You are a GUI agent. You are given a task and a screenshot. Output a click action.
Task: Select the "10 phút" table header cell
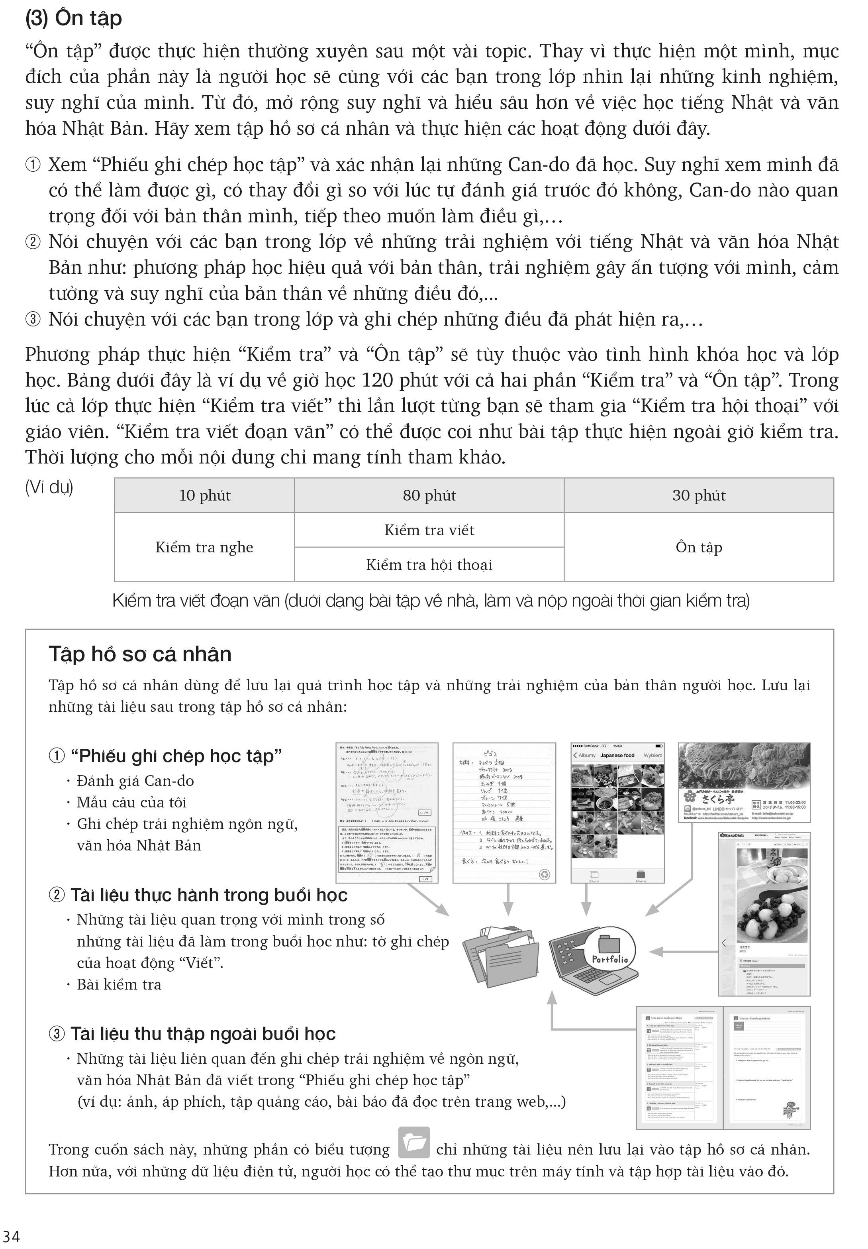click(204, 495)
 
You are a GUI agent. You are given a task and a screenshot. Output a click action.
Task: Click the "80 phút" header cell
click(429, 495)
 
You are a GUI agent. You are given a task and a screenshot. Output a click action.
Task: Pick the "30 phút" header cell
click(698, 495)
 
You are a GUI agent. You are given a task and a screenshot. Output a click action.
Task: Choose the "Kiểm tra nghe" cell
click(204, 547)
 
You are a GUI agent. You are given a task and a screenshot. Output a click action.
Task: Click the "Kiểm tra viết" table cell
click(429, 530)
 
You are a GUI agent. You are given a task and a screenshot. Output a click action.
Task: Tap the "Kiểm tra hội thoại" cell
click(429, 565)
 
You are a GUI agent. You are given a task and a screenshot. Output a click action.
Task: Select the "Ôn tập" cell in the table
click(698, 547)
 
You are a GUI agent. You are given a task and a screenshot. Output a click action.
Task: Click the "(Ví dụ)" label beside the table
click(49, 487)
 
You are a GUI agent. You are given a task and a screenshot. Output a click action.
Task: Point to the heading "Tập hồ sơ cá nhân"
click(140, 654)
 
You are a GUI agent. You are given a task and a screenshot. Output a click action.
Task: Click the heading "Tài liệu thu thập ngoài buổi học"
click(203, 1033)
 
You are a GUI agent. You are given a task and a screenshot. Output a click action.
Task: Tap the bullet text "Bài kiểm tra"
click(119, 985)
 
